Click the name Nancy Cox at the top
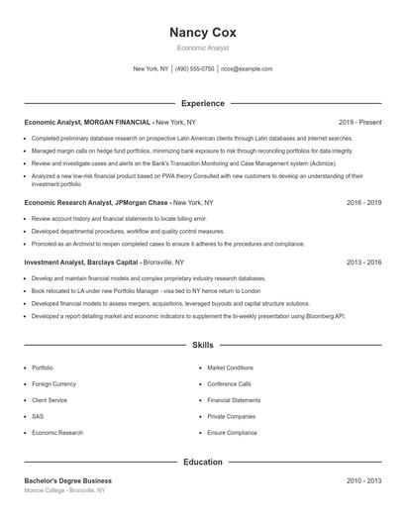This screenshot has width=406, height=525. [203, 32]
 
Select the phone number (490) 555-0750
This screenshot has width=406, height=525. [195, 69]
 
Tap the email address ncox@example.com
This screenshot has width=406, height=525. [247, 69]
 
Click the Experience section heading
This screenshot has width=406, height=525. [203, 103]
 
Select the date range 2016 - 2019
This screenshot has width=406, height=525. [364, 201]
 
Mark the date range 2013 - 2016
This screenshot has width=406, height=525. [364, 262]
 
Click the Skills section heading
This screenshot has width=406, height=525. [203, 345]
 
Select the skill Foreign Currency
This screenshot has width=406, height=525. [55, 383]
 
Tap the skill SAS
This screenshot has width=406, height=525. [38, 417]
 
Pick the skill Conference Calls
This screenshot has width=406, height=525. [229, 383]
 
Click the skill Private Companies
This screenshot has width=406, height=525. [231, 417]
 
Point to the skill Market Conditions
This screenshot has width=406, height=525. [230, 367]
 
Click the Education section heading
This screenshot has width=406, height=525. [203, 462]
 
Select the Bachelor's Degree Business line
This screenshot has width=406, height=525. [68, 480]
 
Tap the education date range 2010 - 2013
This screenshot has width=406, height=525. [364, 480]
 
